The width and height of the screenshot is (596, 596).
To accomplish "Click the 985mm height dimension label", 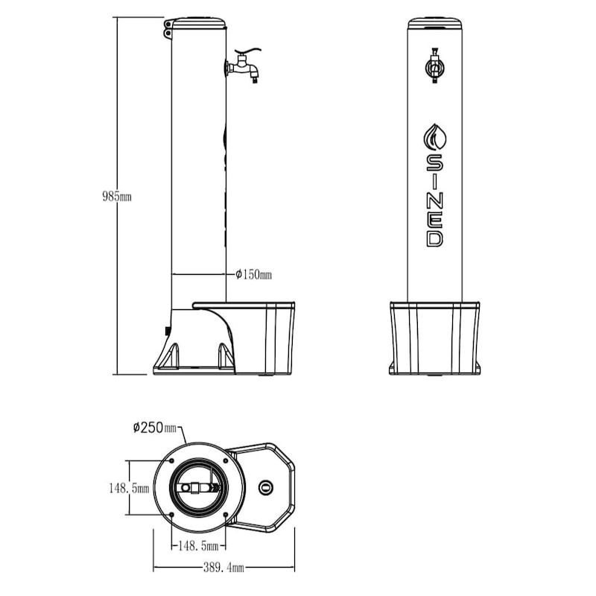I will tap(117, 197).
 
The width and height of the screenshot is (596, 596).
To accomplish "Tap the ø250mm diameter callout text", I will tap(155, 428).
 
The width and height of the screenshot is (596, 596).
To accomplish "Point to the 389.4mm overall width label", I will tap(226, 568).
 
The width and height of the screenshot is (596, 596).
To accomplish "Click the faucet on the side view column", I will tap(244, 68).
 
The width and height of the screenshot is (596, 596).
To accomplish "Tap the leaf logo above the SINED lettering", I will tap(434, 136).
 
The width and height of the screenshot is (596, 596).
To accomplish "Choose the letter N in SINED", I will tap(434, 200).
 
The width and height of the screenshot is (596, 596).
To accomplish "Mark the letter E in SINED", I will tap(434, 219).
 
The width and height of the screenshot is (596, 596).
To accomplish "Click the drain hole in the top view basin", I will tap(265, 488).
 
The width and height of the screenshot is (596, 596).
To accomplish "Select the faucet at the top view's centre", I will tap(195, 489).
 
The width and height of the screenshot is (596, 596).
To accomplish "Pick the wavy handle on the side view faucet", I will tap(249, 54).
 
